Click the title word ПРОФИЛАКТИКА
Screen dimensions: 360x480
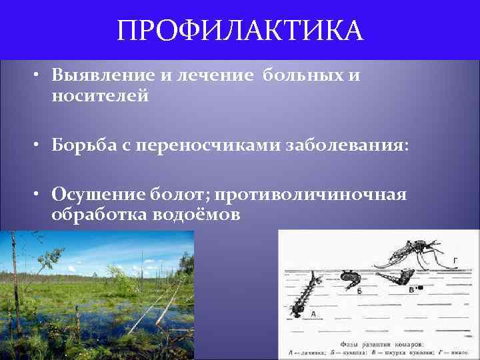240,31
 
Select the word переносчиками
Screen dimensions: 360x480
207,145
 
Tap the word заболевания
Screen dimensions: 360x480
347,145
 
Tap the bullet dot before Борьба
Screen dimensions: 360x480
41,146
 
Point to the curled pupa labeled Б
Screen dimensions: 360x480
350,280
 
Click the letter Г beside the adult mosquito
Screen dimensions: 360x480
455,260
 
